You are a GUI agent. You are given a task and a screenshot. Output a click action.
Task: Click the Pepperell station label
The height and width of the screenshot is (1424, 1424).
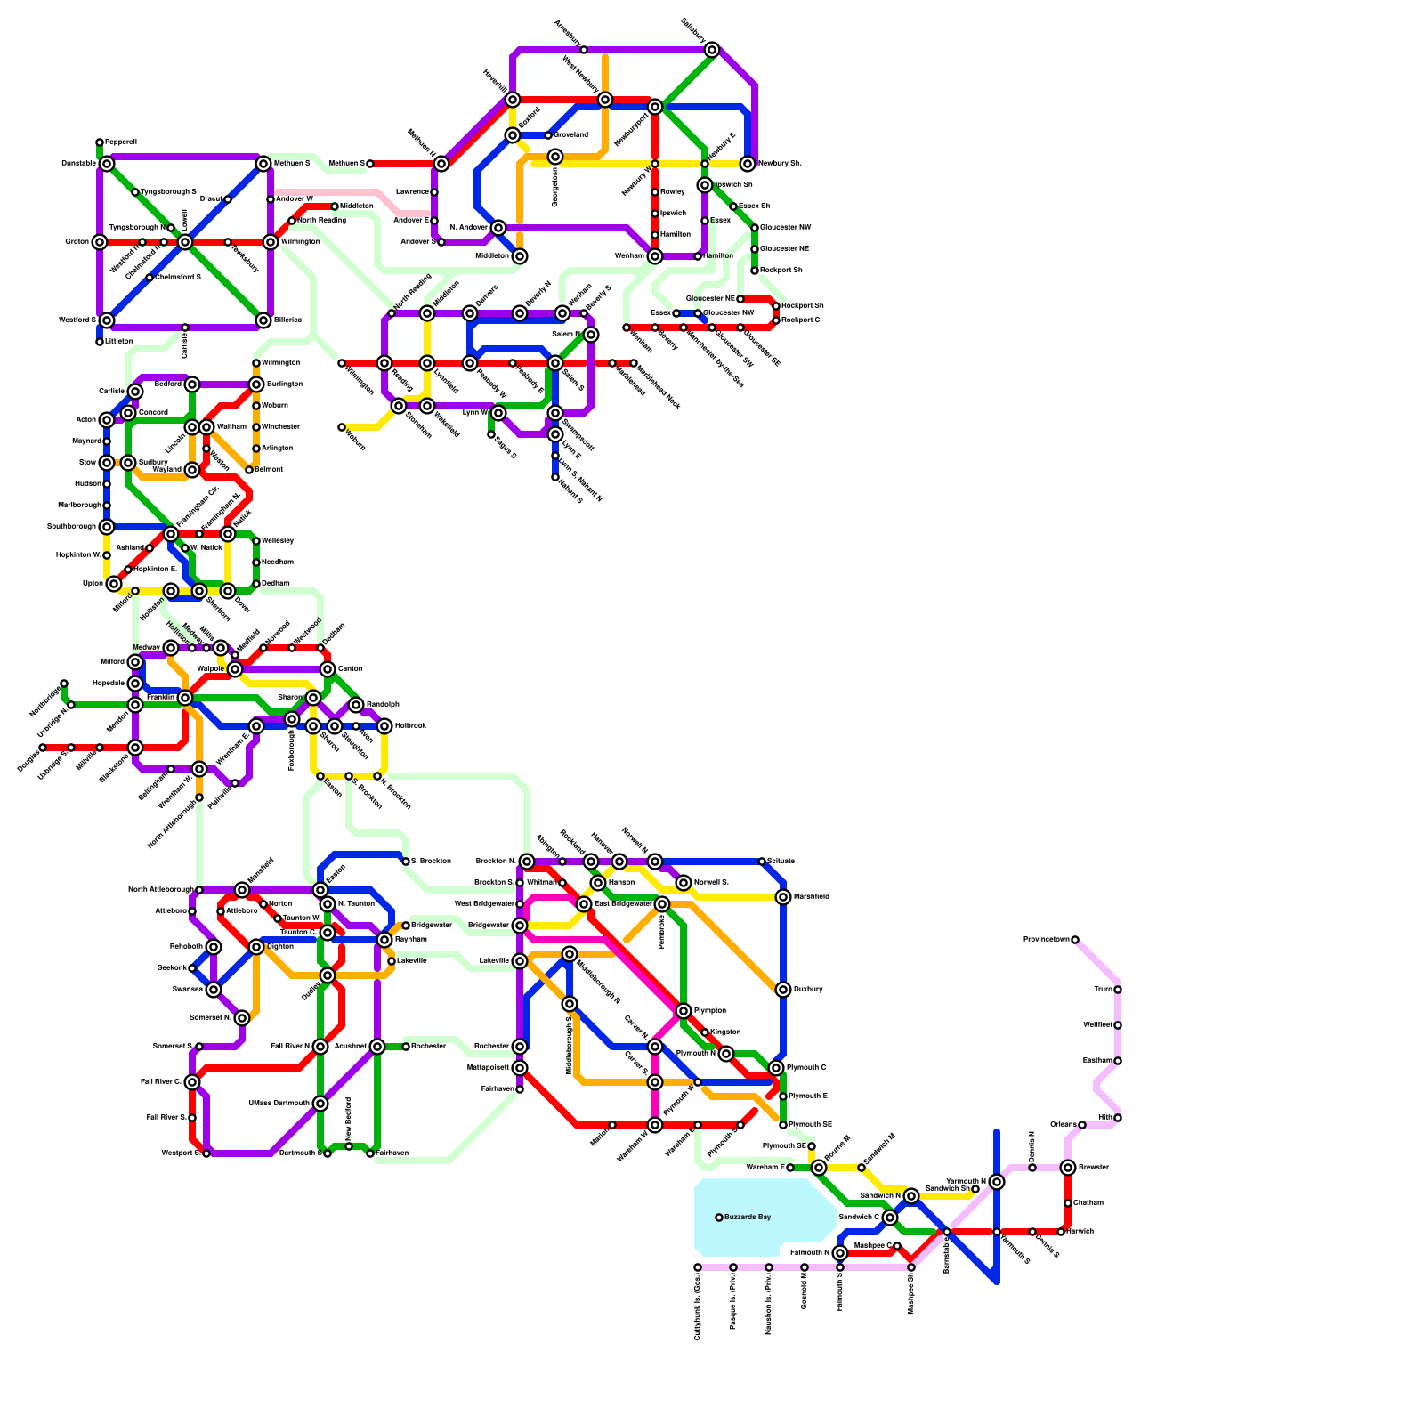pyautogui.click(x=120, y=142)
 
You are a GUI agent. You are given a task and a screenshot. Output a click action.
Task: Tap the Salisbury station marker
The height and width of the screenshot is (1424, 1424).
pyautogui.click(x=712, y=50)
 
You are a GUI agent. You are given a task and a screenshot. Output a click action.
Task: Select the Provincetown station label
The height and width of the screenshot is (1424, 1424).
pyautogui.click(x=1046, y=940)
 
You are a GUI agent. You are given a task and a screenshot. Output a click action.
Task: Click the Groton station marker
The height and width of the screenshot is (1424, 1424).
pyautogui.click(x=100, y=242)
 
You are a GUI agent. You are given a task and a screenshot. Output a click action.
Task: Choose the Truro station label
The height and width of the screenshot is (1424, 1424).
pyautogui.click(x=1103, y=990)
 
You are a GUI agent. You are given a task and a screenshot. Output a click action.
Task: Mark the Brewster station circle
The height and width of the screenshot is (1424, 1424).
pyautogui.click(x=1068, y=1168)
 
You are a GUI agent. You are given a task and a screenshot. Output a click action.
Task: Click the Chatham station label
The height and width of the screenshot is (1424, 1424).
pyautogui.click(x=1088, y=1203)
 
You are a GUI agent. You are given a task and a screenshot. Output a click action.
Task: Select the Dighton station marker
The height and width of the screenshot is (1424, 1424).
pyautogui.click(x=256, y=947)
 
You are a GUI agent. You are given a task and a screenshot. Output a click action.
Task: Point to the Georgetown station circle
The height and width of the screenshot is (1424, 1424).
pyautogui.click(x=555, y=157)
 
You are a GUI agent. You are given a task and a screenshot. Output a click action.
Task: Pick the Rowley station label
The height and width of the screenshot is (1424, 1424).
pyautogui.click(x=672, y=192)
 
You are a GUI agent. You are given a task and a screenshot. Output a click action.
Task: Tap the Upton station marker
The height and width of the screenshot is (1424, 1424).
pyautogui.click(x=114, y=584)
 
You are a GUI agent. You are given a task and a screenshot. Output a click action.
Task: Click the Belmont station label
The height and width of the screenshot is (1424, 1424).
pyautogui.click(x=268, y=470)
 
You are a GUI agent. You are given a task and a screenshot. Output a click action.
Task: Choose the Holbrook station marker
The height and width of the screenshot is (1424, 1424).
pyautogui.click(x=384, y=726)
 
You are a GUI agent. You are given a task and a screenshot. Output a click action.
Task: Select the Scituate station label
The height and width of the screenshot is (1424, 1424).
pyautogui.click(x=781, y=862)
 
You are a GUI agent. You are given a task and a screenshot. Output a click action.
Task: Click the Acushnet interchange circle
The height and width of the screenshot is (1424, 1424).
pyautogui.click(x=377, y=1047)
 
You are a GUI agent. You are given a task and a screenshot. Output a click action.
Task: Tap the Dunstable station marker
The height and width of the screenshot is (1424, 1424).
pyautogui.click(x=107, y=164)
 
